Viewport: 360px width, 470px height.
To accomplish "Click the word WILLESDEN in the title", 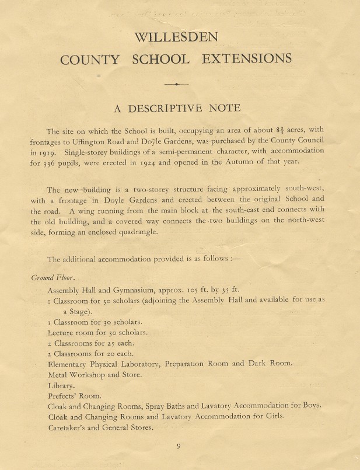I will (176, 39).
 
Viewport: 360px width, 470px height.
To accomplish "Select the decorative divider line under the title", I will (176, 85).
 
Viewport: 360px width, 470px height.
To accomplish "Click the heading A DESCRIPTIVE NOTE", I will (176, 108).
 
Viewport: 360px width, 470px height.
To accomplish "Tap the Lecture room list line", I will (97, 332).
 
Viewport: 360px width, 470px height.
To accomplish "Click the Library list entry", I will (61, 385).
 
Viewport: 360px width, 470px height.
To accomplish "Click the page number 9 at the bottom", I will (179, 447).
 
